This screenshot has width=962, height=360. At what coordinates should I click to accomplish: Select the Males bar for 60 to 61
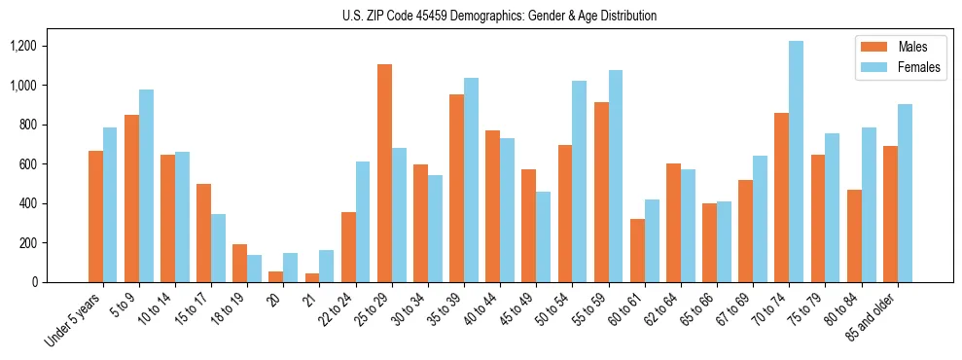[637, 250]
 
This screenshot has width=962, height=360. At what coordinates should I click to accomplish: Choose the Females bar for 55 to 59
[616, 176]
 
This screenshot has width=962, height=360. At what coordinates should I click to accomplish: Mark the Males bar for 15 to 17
[203, 233]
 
